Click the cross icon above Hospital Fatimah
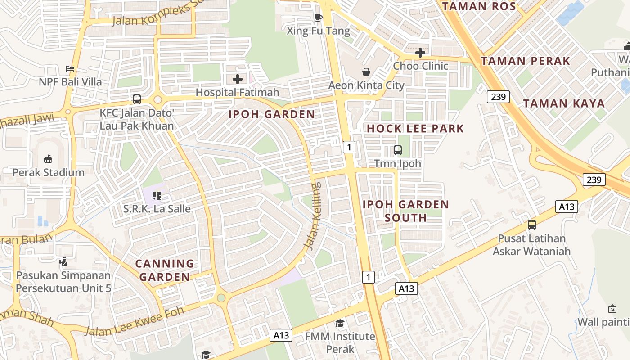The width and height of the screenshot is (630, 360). click(238, 80)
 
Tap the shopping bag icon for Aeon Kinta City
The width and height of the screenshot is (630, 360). click(366, 72)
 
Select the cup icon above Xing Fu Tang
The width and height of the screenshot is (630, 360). click(319, 18)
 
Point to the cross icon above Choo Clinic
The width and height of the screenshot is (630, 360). click(420, 53)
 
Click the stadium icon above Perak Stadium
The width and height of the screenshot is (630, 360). click(48, 159)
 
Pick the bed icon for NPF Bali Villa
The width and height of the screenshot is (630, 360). click(70, 69)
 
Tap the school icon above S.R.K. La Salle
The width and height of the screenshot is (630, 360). click(157, 195)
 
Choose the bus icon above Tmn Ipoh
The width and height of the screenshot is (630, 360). click(398, 150)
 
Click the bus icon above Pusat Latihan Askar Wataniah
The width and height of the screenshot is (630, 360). click(532, 225)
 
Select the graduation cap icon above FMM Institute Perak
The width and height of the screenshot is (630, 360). click(340, 323)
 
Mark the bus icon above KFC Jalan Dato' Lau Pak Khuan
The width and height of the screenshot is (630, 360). click(137, 99)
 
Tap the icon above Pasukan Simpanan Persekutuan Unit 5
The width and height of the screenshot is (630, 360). click(63, 261)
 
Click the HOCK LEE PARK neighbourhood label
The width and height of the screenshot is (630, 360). click(415, 129)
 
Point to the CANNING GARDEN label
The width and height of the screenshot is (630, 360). click(165, 270)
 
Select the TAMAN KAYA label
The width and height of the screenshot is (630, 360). click(564, 103)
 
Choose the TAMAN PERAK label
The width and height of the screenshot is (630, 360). click(526, 61)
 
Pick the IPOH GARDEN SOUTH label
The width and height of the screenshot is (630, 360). click(406, 211)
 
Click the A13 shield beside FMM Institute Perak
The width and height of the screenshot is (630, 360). click(281, 335)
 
